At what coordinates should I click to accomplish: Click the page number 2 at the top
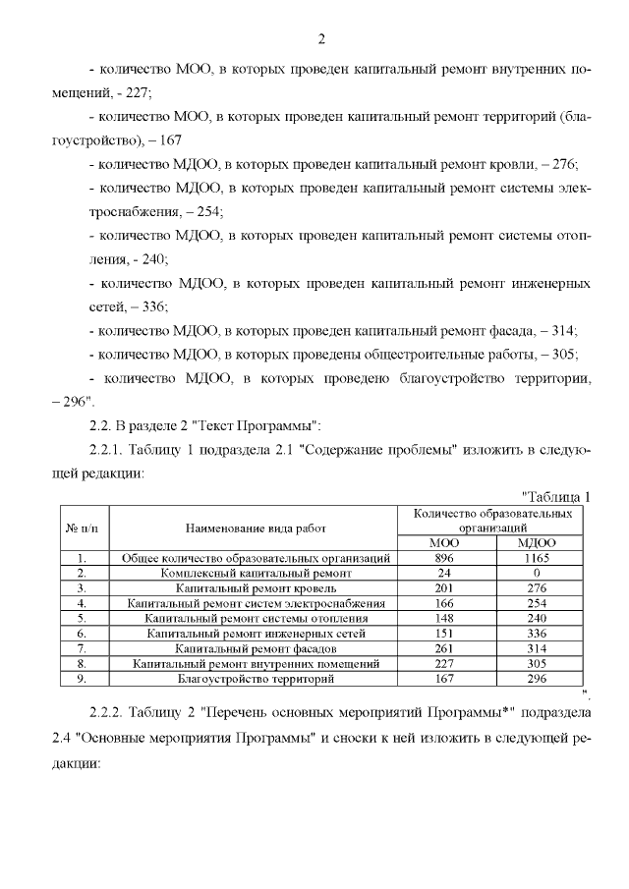[x=321, y=40]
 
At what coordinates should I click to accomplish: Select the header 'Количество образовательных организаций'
[x=491, y=520]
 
